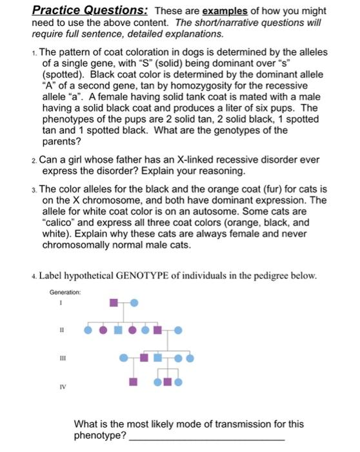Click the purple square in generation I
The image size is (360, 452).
(x=114, y=302)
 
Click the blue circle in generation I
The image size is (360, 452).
(x=134, y=302)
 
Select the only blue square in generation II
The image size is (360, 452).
(x=118, y=330)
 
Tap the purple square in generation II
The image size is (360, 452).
(x=156, y=330)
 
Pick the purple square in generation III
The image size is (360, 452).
(x=145, y=357)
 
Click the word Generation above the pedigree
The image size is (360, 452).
(x=64, y=291)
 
